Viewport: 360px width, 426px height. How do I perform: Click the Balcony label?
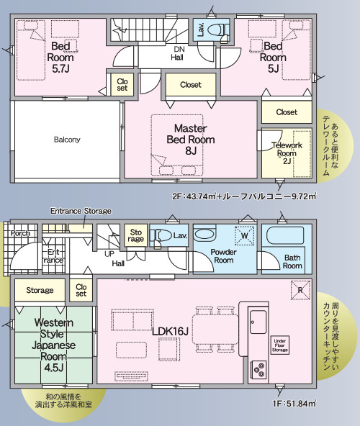click(66, 139)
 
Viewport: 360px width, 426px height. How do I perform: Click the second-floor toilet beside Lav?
click(221, 31)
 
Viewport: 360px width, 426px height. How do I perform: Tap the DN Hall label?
click(178, 53)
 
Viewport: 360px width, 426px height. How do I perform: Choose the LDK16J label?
click(170, 330)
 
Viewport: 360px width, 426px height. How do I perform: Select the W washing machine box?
click(244, 235)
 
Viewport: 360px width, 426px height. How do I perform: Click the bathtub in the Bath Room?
click(287, 237)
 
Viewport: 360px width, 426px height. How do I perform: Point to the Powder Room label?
click(223, 255)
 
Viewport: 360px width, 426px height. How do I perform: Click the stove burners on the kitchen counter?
click(258, 370)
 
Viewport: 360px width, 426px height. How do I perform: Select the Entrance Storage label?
click(81, 211)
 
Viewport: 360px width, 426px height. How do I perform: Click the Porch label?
click(19, 233)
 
